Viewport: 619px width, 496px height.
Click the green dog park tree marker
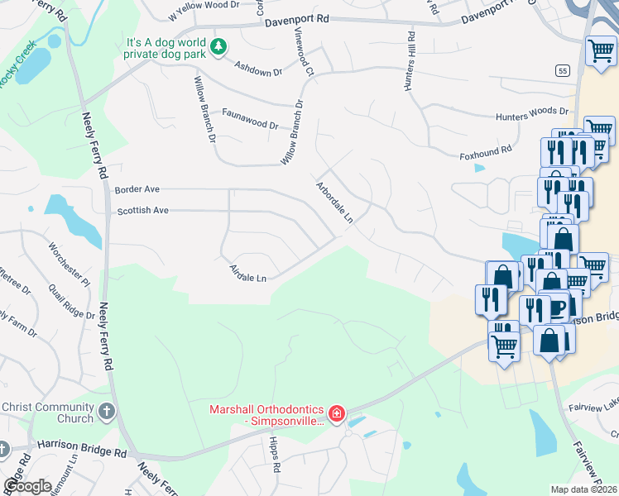click(x=218, y=47)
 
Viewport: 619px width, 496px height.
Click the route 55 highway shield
click(x=563, y=71)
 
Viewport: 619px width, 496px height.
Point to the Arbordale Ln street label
click(x=334, y=203)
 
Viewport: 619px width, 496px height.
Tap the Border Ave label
click(x=137, y=189)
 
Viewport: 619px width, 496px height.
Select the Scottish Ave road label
click(x=142, y=211)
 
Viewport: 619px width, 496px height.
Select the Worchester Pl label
click(x=69, y=264)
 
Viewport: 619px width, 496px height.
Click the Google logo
click(x=26, y=486)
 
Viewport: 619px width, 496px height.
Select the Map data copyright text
click(x=584, y=489)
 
